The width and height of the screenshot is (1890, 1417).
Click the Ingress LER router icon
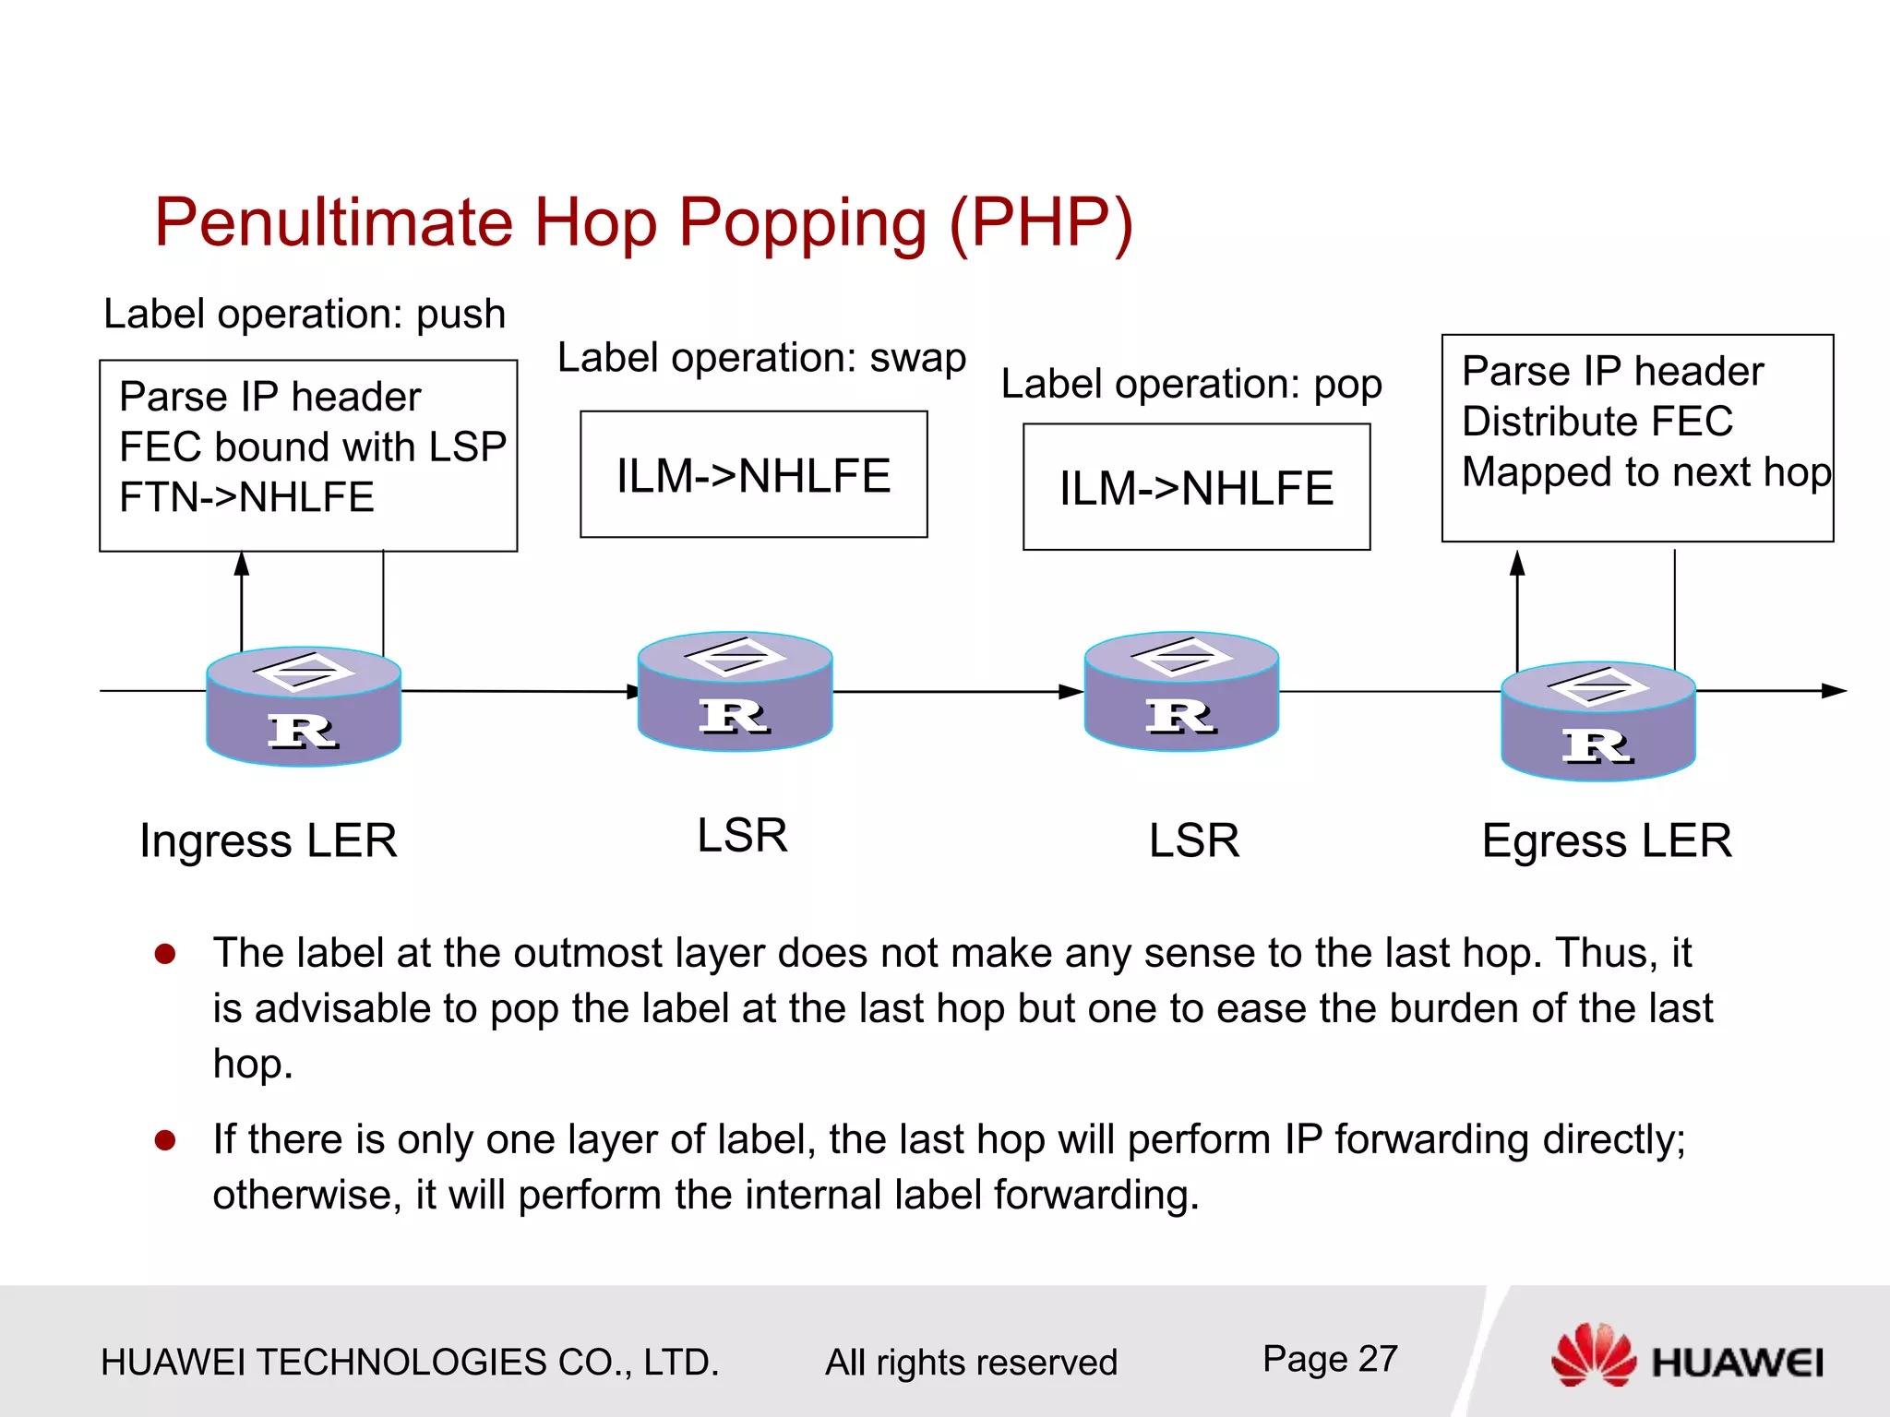click(304, 707)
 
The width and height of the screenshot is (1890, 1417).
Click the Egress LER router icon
click(1598, 721)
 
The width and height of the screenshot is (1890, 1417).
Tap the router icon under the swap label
click(736, 692)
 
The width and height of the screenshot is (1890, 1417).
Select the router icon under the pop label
click(1181, 692)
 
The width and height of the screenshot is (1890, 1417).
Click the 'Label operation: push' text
click(305, 315)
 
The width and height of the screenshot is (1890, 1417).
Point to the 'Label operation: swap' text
click(761, 358)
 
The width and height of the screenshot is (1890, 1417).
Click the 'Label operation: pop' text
click(1191, 385)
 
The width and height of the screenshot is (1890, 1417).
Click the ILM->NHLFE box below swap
click(754, 475)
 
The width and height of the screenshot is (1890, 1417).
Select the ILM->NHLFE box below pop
click(1197, 488)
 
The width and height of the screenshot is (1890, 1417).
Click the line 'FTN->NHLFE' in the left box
click(246, 498)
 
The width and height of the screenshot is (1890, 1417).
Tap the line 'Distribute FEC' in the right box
click(1597, 422)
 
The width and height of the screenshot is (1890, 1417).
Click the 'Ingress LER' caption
click(269, 840)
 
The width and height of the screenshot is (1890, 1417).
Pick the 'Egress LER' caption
click(1607, 840)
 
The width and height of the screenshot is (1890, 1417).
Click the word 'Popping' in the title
click(803, 223)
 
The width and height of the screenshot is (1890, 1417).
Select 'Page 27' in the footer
click(1330, 1359)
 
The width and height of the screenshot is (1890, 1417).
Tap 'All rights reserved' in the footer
click(971, 1363)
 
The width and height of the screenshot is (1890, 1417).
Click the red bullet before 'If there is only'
click(165, 1141)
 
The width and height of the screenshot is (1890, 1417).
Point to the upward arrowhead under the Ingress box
click(242, 563)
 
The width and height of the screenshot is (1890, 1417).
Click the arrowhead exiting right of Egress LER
click(1835, 691)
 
